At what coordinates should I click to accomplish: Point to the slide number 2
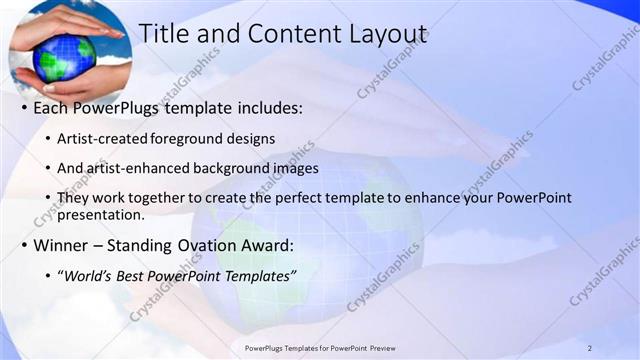click(x=590, y=347)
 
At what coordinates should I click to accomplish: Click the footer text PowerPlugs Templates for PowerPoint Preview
click(x=319, y=347)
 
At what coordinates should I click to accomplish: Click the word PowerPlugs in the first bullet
click(x=120, y=106)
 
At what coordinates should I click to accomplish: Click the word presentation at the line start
click(x=102, y=214)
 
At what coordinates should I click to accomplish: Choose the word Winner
click(x=64, y=244)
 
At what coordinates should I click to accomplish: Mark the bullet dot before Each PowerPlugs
click(x=23, y=107)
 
